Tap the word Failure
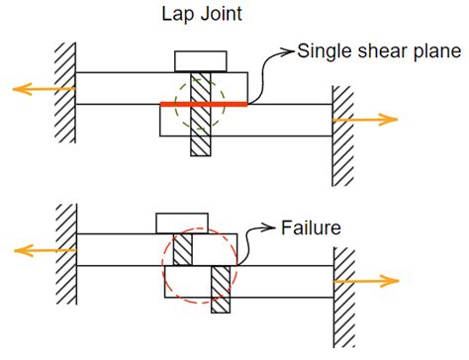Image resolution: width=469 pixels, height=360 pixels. (310, 227)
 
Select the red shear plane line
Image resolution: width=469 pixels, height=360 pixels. (202, 103)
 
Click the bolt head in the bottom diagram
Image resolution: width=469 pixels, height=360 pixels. (182, 223)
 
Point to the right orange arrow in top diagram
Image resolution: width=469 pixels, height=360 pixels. (365, 120)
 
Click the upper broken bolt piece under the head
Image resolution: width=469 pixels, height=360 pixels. (182, 248)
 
